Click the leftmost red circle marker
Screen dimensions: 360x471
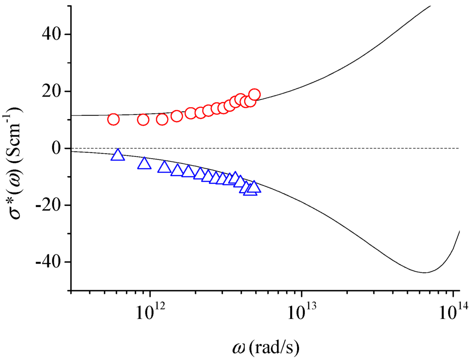point(113,120)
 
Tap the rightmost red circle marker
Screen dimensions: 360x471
point(254,95)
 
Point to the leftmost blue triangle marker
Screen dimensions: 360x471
point(118,155)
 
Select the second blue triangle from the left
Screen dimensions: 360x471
point(144,163)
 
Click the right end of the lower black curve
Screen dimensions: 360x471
point(459,231)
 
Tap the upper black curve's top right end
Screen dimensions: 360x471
point(431,6)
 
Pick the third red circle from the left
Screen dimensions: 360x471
point(162,120)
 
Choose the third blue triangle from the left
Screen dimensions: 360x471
point(164,167)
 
